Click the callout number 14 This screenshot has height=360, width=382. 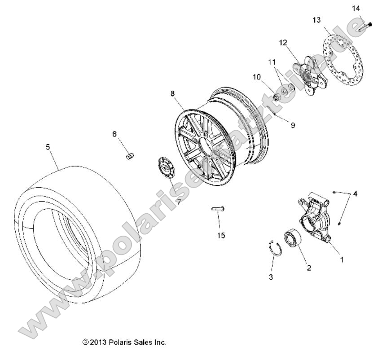356,8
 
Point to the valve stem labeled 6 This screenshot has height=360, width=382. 130,155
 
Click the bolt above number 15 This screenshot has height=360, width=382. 218,208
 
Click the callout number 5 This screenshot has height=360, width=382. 48,146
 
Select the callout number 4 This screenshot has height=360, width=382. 355,194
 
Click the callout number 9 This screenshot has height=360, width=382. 292,125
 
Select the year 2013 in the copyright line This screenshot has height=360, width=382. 97,342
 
